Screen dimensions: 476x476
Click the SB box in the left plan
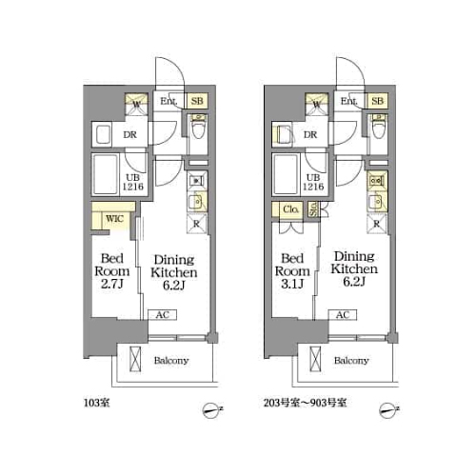[x=198, y=101]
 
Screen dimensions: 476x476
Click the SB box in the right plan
[x=377, y=101]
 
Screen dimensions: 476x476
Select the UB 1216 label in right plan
[x=312, y=182]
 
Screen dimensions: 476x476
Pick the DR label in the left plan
[x=130, y=135]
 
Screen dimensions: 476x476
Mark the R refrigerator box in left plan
[x=198, y=224]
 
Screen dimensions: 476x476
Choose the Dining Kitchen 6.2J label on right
[x=354, y=265]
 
